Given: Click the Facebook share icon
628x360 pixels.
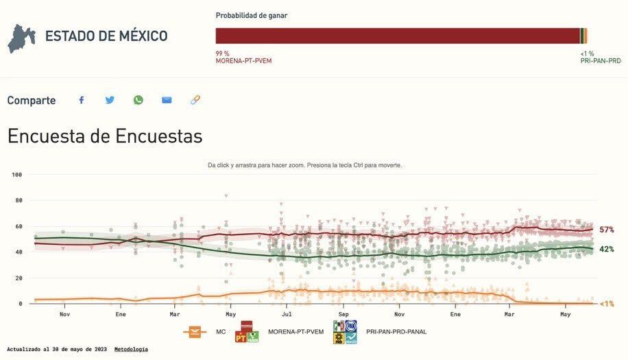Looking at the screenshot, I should click(x=81, y=100).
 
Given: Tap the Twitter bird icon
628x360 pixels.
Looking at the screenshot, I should click(x=110, y=100).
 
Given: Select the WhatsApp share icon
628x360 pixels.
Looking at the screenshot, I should click(x=138, y=100).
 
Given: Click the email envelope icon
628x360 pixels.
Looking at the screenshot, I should click(x=167, y=100).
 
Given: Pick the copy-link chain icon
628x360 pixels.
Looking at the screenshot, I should click(x=195, y=100).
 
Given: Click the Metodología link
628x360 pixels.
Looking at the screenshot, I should click(x=131, y=349).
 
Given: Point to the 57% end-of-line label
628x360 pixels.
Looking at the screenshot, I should click(x=606, y=230).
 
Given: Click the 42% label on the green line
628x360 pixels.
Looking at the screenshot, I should click(x=606, y=249).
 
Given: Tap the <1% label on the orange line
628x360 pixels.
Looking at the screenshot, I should click(x=606, y=304).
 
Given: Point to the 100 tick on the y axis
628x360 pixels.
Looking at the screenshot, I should click(x=17, y=175).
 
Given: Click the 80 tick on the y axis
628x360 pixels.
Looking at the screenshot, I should click(x=19, y=201).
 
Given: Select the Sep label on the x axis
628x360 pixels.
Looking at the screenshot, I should click(x=343, y=314).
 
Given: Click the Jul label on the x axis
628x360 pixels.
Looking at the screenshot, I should click(x=287, y=314).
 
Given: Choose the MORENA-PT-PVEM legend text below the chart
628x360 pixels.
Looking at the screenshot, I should click(x=295, y=332).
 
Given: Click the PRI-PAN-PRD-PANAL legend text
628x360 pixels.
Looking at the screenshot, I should click(x=396, y=332).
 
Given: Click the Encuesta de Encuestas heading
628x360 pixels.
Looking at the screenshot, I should click(x=105, y=136).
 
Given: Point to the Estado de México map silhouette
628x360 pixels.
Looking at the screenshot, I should click(x=21, y=38).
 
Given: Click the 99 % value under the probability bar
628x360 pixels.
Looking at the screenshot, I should click(x=222, y=53).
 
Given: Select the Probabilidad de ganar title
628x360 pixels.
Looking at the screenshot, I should click(x=252, y=15).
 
